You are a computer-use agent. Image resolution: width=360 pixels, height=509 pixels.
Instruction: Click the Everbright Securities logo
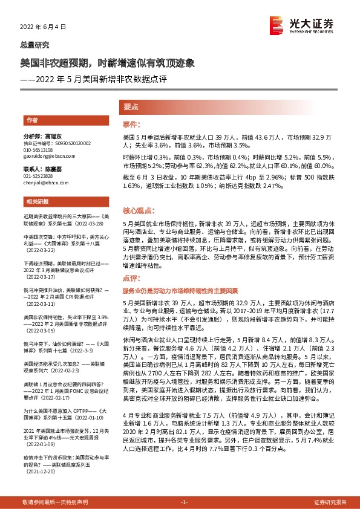click(x=303, y=25)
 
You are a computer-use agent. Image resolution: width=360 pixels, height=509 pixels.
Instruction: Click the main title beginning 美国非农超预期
click(x=108, y=63)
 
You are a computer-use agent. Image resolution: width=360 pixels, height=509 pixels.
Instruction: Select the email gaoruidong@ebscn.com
click(x=45, y=155)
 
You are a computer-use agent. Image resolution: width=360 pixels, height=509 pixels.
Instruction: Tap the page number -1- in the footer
click(x=185, y=502)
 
